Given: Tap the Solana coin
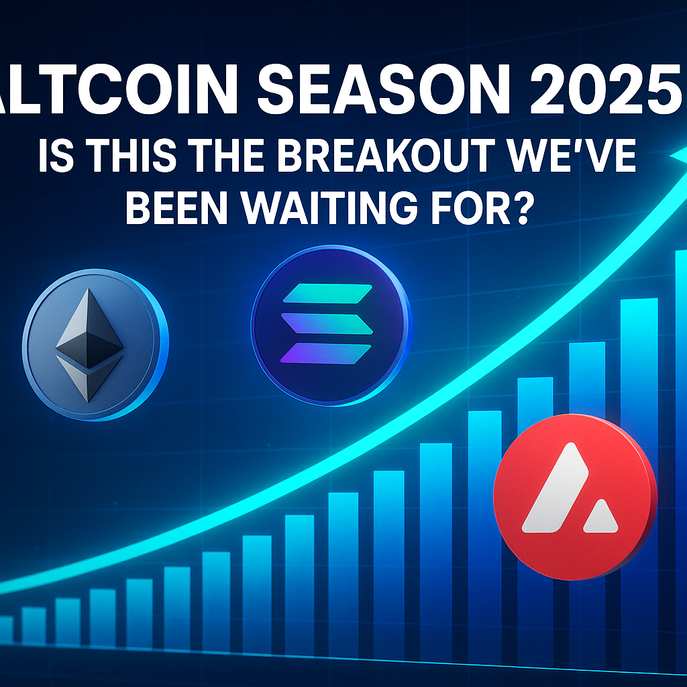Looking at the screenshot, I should pyautogui.click(x=328, y=323).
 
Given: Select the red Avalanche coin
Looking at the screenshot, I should pyautogui.click(x=574, y=496).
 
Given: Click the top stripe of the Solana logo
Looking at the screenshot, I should pyautogui.click(x=328, y=293).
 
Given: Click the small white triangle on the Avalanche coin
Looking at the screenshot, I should pyautogui.click(x=601, y=517).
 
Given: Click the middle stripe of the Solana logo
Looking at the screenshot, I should pyautogui.click(x=328, y=323).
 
